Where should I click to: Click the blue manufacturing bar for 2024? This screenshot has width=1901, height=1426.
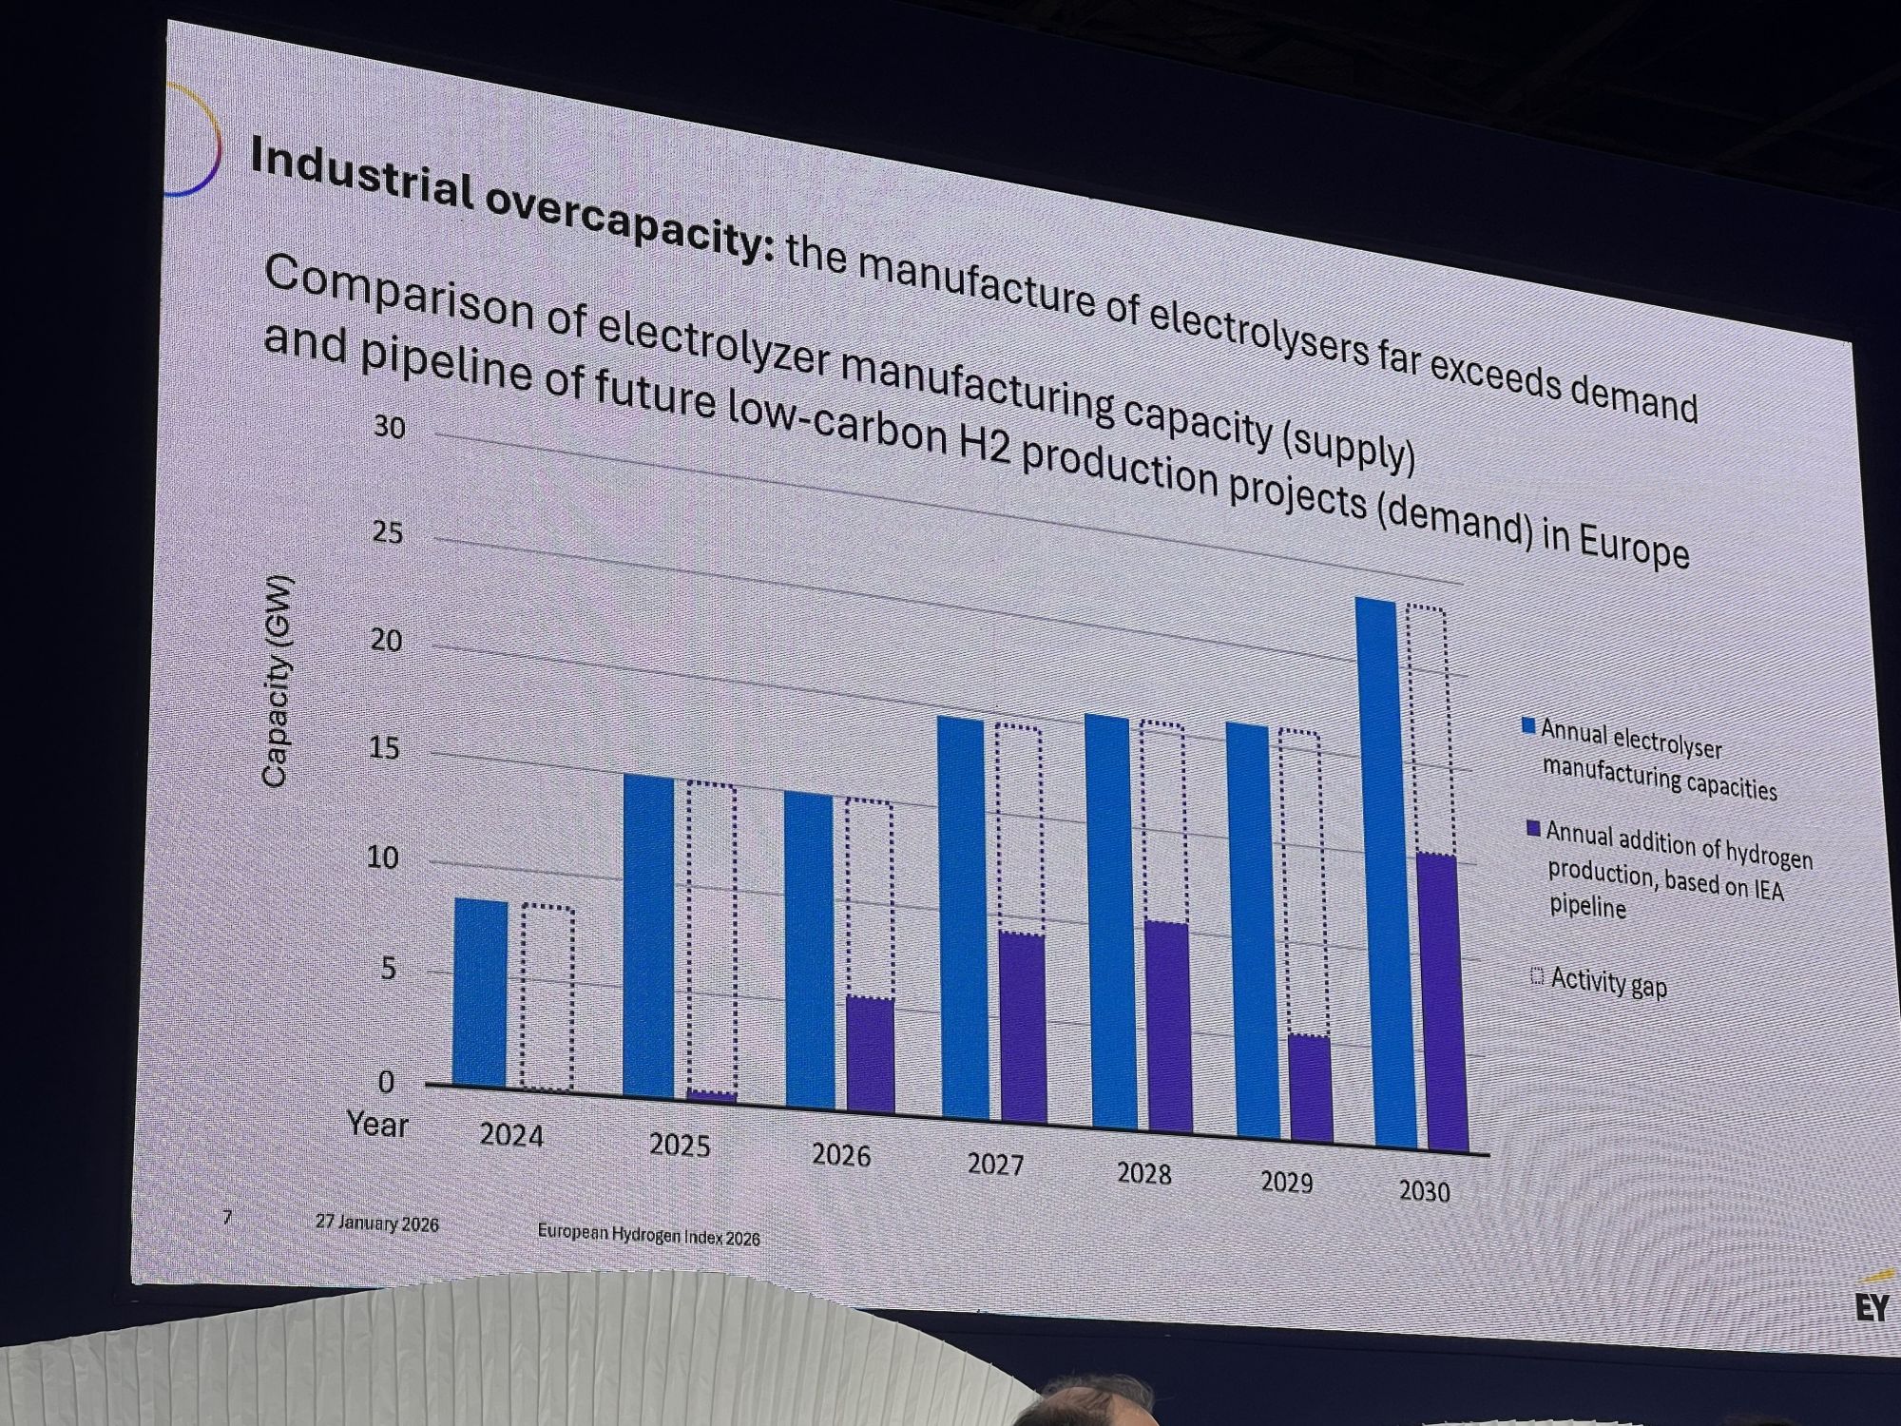tap(481, 992)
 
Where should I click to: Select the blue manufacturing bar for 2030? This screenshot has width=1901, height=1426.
tap(1390, 875)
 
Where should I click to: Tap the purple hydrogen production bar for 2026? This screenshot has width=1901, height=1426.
tap(870, 1055)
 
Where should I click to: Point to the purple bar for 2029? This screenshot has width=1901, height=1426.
tap(1310, 1089)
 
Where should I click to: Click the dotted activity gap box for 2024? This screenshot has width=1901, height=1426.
tap(547, 997)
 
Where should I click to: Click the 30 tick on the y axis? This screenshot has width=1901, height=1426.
tap(389, 428)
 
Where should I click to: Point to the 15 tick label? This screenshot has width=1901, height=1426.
tap(386, 749)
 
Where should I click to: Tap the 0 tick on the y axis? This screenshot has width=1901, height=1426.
tap(386, 1081)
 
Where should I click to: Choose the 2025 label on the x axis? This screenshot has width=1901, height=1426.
tap(680, 1146)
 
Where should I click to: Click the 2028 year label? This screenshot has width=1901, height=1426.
tap(1143, 1174)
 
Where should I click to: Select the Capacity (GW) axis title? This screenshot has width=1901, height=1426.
tap(276, 682)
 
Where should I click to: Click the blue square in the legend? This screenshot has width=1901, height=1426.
tap(1528, 726)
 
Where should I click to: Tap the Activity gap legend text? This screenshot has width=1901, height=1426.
tap(1608, 982)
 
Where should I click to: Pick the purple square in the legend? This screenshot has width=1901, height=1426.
tap(1532, 829)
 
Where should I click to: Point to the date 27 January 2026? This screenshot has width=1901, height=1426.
tap(377, 1224)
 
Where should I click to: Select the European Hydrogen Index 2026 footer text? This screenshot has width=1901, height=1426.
tap(648, 1236)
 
